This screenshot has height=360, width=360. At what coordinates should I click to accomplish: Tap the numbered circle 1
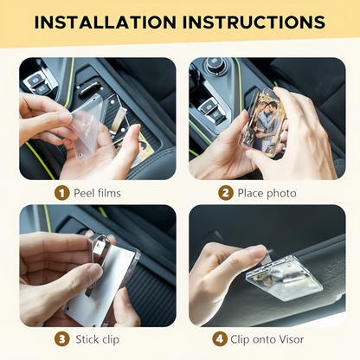[x=61, y=193]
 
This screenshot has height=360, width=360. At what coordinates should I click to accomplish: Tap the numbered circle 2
[x=225, y=193]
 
